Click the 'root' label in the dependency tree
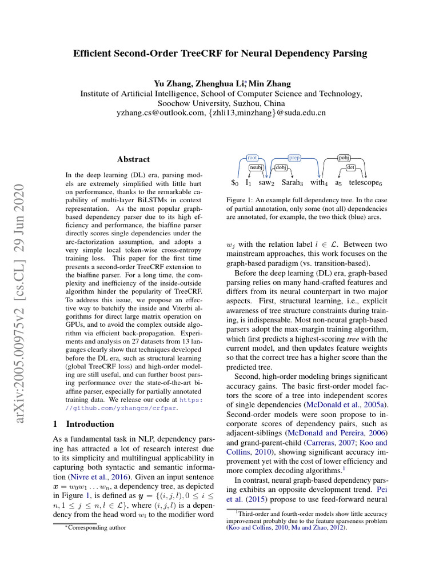click(x=252, y=157)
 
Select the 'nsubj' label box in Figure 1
click(x=256, y=167)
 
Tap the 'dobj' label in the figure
click(x=281, y=167)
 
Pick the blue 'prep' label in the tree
click(x=294, y=157)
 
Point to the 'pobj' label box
click(x=344, y=157)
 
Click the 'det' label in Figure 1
click(x=351, y=167)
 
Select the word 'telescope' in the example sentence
click(x=364, y=183)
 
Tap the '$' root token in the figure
click(x=234, y=183)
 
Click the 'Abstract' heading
click(x=133, y=159)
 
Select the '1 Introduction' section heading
click(x=83, y=424)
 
